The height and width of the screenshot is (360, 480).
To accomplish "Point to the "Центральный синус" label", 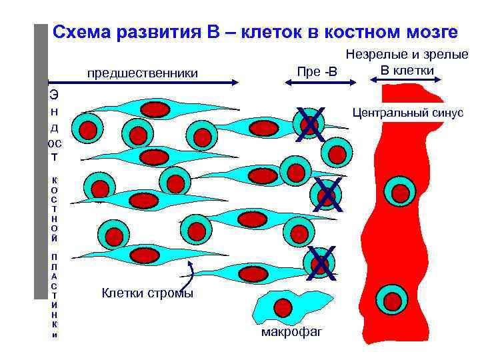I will pos(407,113).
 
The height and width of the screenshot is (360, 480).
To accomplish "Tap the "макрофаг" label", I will pos(291,331).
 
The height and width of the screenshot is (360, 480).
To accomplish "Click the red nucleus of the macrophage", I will pos(283,308).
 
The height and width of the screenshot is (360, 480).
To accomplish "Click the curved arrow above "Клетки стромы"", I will pos(191,273).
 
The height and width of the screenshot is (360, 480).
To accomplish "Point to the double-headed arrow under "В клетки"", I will pos(407,81).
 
